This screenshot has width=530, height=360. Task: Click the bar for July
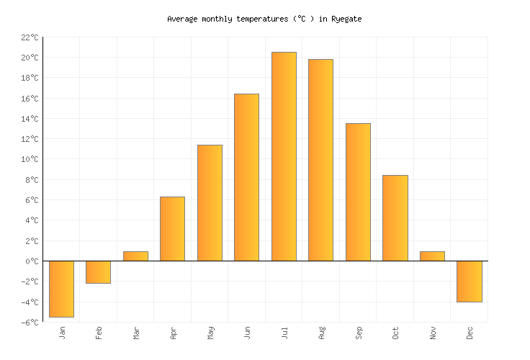[284, 156]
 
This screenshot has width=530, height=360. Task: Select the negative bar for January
[61, 289]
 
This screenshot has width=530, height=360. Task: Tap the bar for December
[470, 281]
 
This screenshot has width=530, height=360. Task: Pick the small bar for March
[135, 256]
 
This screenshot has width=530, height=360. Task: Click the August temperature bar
[320, 160]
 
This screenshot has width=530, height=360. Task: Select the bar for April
[172, 229]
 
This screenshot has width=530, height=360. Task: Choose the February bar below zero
[98, 272]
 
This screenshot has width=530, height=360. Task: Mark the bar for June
[246, 177]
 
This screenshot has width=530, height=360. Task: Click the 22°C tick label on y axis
[30, 37]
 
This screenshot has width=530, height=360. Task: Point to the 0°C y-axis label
[32, 261]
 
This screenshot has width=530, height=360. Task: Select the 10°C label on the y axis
[30, 159]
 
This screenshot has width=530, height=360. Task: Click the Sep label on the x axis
[359, 333]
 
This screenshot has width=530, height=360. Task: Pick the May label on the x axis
[210, 333]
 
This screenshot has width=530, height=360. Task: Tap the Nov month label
[433, 333]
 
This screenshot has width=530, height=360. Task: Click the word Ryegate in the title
[346, 19]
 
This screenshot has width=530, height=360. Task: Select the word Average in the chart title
[182, 19]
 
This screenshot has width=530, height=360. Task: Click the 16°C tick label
[30, 99]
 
